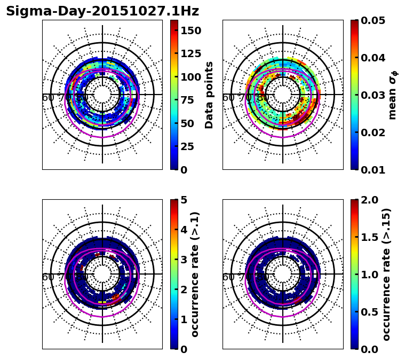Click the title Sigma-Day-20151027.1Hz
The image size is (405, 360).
(102, 11)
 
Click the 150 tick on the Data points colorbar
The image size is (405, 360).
(191, 30)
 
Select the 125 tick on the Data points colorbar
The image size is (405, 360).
(191, 53)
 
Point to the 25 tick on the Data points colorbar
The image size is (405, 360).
(188, 146)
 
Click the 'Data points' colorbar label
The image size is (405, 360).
(209, 95)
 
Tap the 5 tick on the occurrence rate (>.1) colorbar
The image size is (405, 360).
(184, 200)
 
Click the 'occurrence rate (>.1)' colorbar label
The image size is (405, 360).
(195, 274)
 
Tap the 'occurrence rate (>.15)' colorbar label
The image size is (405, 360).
(386, 274)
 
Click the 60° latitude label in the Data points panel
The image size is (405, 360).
(47, 98)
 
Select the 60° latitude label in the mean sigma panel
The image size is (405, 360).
(228, 98)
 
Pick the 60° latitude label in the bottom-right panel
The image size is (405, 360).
(228, 277)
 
